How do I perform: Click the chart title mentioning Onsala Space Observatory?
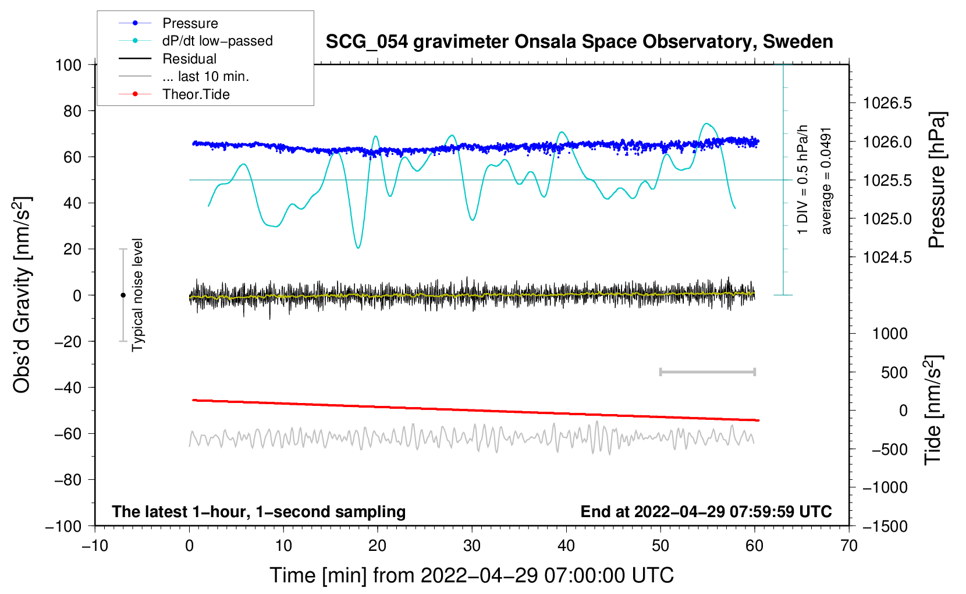coord(579,42)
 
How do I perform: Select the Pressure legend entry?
coord(190,23)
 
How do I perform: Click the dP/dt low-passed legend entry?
coord(217,41)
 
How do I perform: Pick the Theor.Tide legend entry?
coord(196,94)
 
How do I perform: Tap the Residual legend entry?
coord(189,59)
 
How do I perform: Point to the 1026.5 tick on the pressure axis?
coord(887,104)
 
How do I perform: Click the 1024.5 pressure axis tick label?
coord(887,257)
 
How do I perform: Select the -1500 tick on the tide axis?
coord(885,526)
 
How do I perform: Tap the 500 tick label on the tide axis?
coord(894,372)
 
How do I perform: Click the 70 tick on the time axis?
coord(849,546)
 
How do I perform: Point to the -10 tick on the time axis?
coord(95,546)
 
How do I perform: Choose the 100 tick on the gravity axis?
coord(68,65)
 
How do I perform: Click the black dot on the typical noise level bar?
coord(123,295)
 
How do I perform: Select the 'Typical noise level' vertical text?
coord(137,295)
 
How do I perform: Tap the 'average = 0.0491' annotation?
coord(826,181)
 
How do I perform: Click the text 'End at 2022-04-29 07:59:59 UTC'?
coord(706,511)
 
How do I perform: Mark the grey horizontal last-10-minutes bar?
coord(707,372)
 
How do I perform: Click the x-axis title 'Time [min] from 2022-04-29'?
coord(471,575)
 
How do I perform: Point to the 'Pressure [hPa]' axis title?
coord(937,181)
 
